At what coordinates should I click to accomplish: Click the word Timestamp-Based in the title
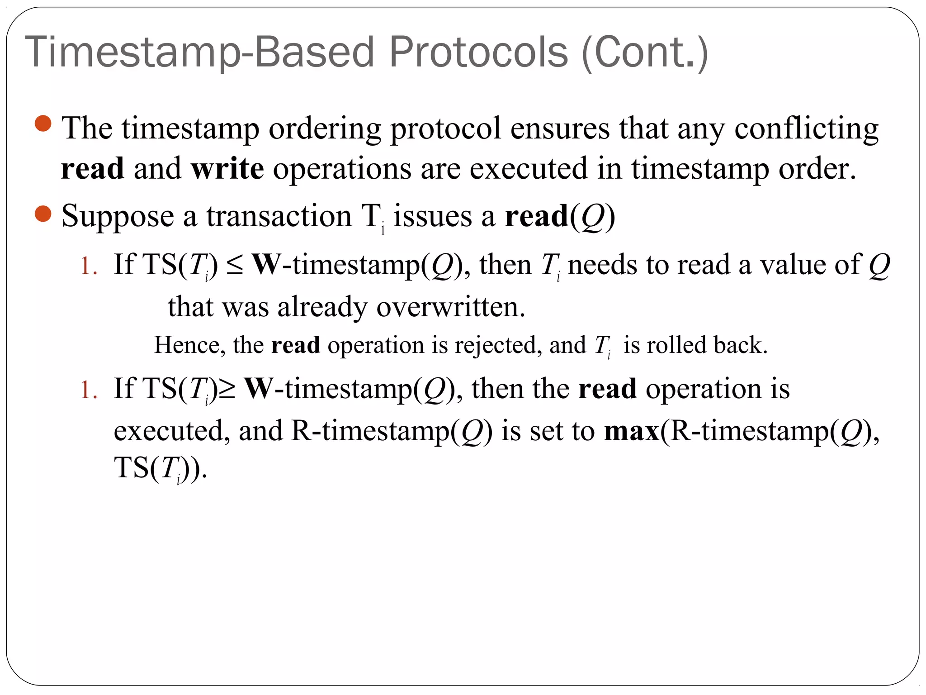click(199, 52)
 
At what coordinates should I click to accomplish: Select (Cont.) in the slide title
click(645, 52)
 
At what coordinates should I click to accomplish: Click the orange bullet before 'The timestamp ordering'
click(43, 123)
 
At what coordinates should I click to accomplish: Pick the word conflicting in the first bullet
click(806, 129)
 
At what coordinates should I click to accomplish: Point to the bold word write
click(227, 168)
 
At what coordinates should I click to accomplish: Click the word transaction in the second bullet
click(279, 216)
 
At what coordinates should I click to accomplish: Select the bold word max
click(632, 431)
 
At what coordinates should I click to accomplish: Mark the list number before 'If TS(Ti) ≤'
click(88, 266)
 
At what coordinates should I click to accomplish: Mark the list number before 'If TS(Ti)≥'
click(88, 390)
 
